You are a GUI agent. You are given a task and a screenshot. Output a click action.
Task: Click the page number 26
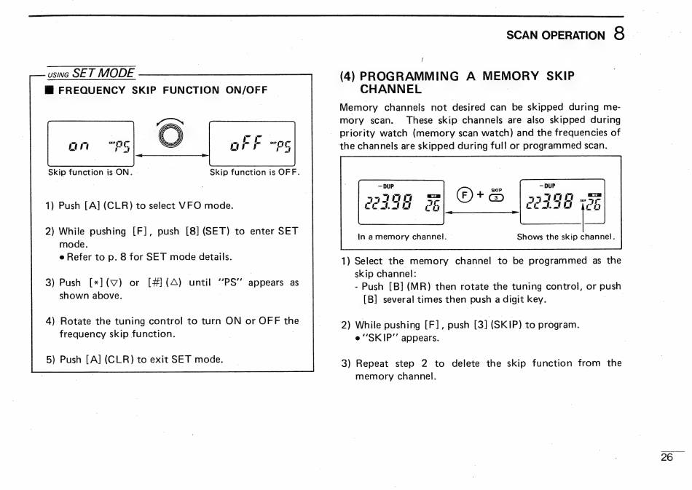tap(667, 458)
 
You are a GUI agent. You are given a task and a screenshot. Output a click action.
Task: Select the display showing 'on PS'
tap(91, 143)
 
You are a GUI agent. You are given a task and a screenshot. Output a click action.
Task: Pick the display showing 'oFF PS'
tap(251, 143)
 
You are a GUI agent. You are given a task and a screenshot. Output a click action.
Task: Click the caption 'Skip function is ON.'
tap(90, 173)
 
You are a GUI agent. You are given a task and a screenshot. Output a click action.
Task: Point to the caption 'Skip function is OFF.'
tap(254, 173)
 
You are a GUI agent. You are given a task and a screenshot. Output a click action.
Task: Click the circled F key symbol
tap(463, 194)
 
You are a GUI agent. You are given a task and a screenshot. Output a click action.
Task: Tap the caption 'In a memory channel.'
tap(402, 237)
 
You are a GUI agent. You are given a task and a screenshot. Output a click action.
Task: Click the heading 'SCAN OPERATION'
tap(556, 35)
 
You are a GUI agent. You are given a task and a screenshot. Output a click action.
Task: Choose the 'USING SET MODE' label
tap(91, 74)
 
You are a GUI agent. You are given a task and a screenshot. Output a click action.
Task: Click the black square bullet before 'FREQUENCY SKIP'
tap(49, 90)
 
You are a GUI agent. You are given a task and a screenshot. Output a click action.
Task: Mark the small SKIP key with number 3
tap(495, 196)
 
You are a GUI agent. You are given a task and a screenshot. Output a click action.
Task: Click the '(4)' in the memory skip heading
tap(348, 76)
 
